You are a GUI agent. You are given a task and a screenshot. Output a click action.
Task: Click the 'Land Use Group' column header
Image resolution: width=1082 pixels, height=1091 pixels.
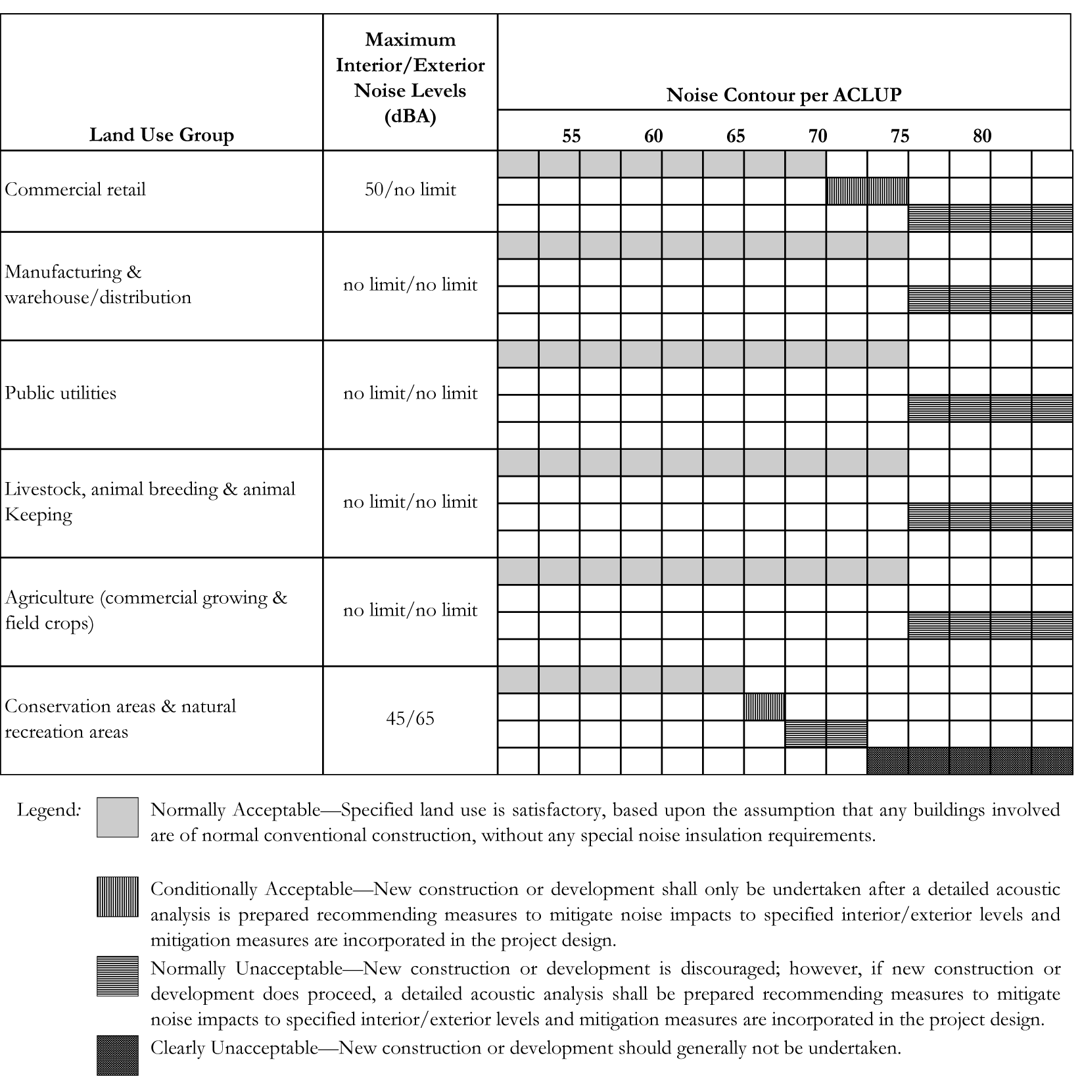162,135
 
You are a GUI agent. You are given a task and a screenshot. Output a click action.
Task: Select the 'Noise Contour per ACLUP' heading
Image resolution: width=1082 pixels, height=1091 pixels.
784,95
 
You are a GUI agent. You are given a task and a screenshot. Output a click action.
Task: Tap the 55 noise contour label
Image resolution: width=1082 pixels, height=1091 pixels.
571,136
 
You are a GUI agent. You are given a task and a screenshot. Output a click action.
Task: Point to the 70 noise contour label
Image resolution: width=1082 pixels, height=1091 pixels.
818,136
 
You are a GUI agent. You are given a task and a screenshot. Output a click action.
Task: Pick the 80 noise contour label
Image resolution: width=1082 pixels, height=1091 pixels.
982,136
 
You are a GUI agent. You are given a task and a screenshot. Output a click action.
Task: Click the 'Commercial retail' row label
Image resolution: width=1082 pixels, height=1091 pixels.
76,190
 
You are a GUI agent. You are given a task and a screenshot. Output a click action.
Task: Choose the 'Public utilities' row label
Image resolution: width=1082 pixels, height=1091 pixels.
60,393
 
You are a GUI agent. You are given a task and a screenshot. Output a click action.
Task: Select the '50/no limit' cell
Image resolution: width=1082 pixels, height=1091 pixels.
410,190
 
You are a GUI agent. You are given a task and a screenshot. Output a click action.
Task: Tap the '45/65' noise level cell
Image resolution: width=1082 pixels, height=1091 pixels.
410,718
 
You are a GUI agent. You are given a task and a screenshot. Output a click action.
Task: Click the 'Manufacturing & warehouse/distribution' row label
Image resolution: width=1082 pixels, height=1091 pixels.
98,285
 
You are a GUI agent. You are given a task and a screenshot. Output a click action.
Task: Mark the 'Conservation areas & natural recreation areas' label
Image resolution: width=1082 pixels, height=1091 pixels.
120,719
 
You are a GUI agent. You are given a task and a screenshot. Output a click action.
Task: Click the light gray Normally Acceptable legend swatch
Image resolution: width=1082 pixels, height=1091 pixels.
118,817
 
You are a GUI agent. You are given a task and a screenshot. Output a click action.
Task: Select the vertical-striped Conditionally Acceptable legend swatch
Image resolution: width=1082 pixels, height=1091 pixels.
118,896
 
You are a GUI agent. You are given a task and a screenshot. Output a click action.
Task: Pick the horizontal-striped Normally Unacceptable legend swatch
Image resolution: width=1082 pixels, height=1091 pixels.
118,976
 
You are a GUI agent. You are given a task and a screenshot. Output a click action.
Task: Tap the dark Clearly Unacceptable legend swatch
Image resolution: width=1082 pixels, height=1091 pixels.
118,1055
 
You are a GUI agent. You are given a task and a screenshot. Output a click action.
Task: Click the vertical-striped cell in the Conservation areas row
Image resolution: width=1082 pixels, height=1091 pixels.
764,707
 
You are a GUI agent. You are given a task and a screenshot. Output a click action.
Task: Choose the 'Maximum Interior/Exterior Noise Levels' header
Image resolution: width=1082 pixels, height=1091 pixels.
410,78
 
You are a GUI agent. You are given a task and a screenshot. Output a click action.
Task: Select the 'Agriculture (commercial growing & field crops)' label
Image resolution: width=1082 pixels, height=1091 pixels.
146,610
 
